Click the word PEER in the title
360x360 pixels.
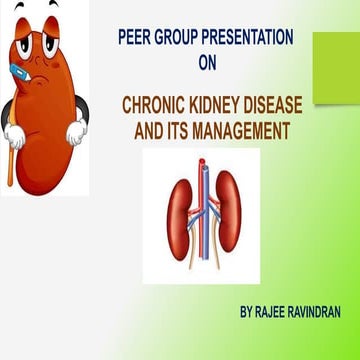coord(134,37)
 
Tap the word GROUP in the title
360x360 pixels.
coord(180,37)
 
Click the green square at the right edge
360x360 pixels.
coord(335,68)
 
